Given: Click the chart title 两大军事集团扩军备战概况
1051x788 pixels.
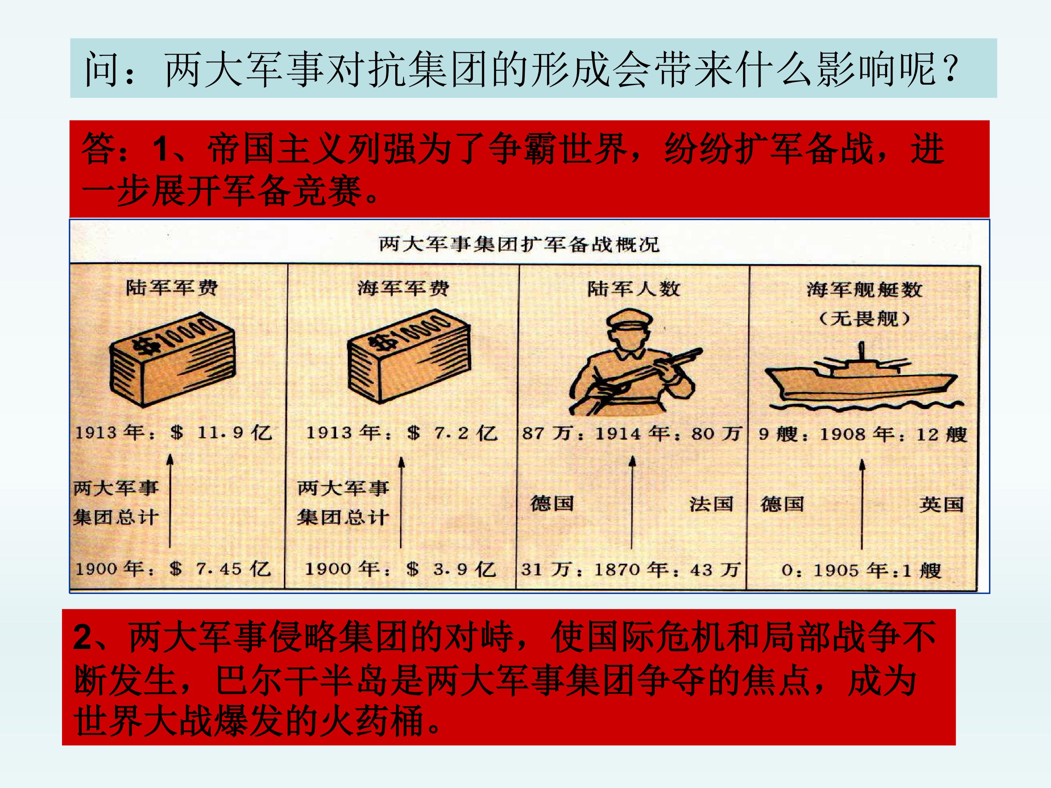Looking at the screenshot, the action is [x=519, y=245].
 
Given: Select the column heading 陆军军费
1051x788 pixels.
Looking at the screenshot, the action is [x=172, y=287].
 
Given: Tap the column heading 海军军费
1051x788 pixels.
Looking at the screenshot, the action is [x=403, y=288].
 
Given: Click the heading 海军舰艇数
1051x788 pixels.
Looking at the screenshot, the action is [x=864, y=289].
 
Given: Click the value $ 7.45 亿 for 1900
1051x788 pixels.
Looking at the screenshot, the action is [x=220, y=568].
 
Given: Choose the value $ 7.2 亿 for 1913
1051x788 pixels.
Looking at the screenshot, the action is [x=452, y=433].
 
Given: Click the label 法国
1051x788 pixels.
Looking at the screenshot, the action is [x=711, y=504].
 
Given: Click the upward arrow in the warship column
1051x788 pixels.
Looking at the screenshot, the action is [x=862, y=505].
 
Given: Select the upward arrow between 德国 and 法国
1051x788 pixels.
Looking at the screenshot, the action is [x=632, y=503].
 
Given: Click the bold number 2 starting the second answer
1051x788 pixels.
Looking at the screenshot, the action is [x=84, y=637].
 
